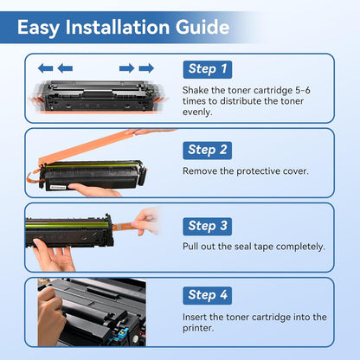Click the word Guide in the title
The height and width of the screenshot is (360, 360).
point(202,27)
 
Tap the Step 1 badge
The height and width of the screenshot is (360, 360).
point(208,69)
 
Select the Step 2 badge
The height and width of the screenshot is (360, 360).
point(208,150)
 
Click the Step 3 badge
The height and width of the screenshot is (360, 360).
point(208,226)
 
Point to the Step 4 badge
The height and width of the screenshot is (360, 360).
point(208,295)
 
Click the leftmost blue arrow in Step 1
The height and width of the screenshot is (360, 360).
point(46,68)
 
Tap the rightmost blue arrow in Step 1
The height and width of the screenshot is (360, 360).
point(146,68)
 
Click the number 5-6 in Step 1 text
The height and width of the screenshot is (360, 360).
point(303,90)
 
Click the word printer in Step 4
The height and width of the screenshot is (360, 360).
point(198,328)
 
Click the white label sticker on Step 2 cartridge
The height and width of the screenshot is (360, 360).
point(58,187)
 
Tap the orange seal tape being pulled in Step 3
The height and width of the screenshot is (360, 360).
point(123,227)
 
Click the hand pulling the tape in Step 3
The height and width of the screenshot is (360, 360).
point(145,222)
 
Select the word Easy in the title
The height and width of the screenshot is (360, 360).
point(39,29)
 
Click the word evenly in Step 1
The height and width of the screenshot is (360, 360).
point(197,112)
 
